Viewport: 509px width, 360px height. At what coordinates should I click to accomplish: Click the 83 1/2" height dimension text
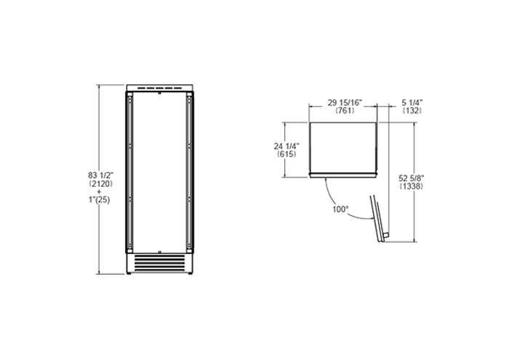100,175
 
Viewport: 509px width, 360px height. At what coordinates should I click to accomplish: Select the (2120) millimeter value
100,184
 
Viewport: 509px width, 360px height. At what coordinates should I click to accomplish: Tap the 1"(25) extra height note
100,200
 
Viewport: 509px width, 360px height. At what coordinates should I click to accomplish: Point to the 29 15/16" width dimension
345,103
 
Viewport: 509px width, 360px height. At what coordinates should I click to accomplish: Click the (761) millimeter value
345,111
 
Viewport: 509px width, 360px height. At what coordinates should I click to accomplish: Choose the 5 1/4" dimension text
412,103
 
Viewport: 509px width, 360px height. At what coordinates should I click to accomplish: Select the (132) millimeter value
412,111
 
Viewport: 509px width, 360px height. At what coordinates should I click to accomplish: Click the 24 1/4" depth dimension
286,146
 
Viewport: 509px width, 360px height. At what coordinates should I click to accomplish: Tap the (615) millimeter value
286,154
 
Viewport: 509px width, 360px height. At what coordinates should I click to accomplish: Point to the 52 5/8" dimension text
412,178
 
